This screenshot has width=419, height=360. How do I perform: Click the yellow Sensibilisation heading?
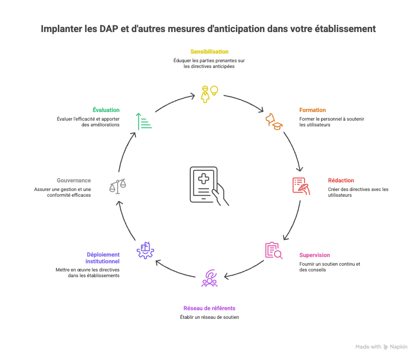209,51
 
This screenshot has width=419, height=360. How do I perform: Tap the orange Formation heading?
312,110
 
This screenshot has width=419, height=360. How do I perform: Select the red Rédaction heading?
341,180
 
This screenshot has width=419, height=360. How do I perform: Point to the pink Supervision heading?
314,255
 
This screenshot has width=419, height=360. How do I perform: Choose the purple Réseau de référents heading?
209,308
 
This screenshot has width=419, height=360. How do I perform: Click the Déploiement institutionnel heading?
102,258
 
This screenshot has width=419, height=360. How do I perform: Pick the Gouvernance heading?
74,180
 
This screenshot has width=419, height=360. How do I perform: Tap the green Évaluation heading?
106,110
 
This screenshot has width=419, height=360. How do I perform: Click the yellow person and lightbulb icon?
209,93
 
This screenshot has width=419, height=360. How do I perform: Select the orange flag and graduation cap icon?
274,121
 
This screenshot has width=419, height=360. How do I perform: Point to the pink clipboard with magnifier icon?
274,250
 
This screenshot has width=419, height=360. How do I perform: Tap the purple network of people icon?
209,278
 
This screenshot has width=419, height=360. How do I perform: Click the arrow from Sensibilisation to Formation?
244,101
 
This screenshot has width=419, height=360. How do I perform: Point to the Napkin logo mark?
386,347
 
